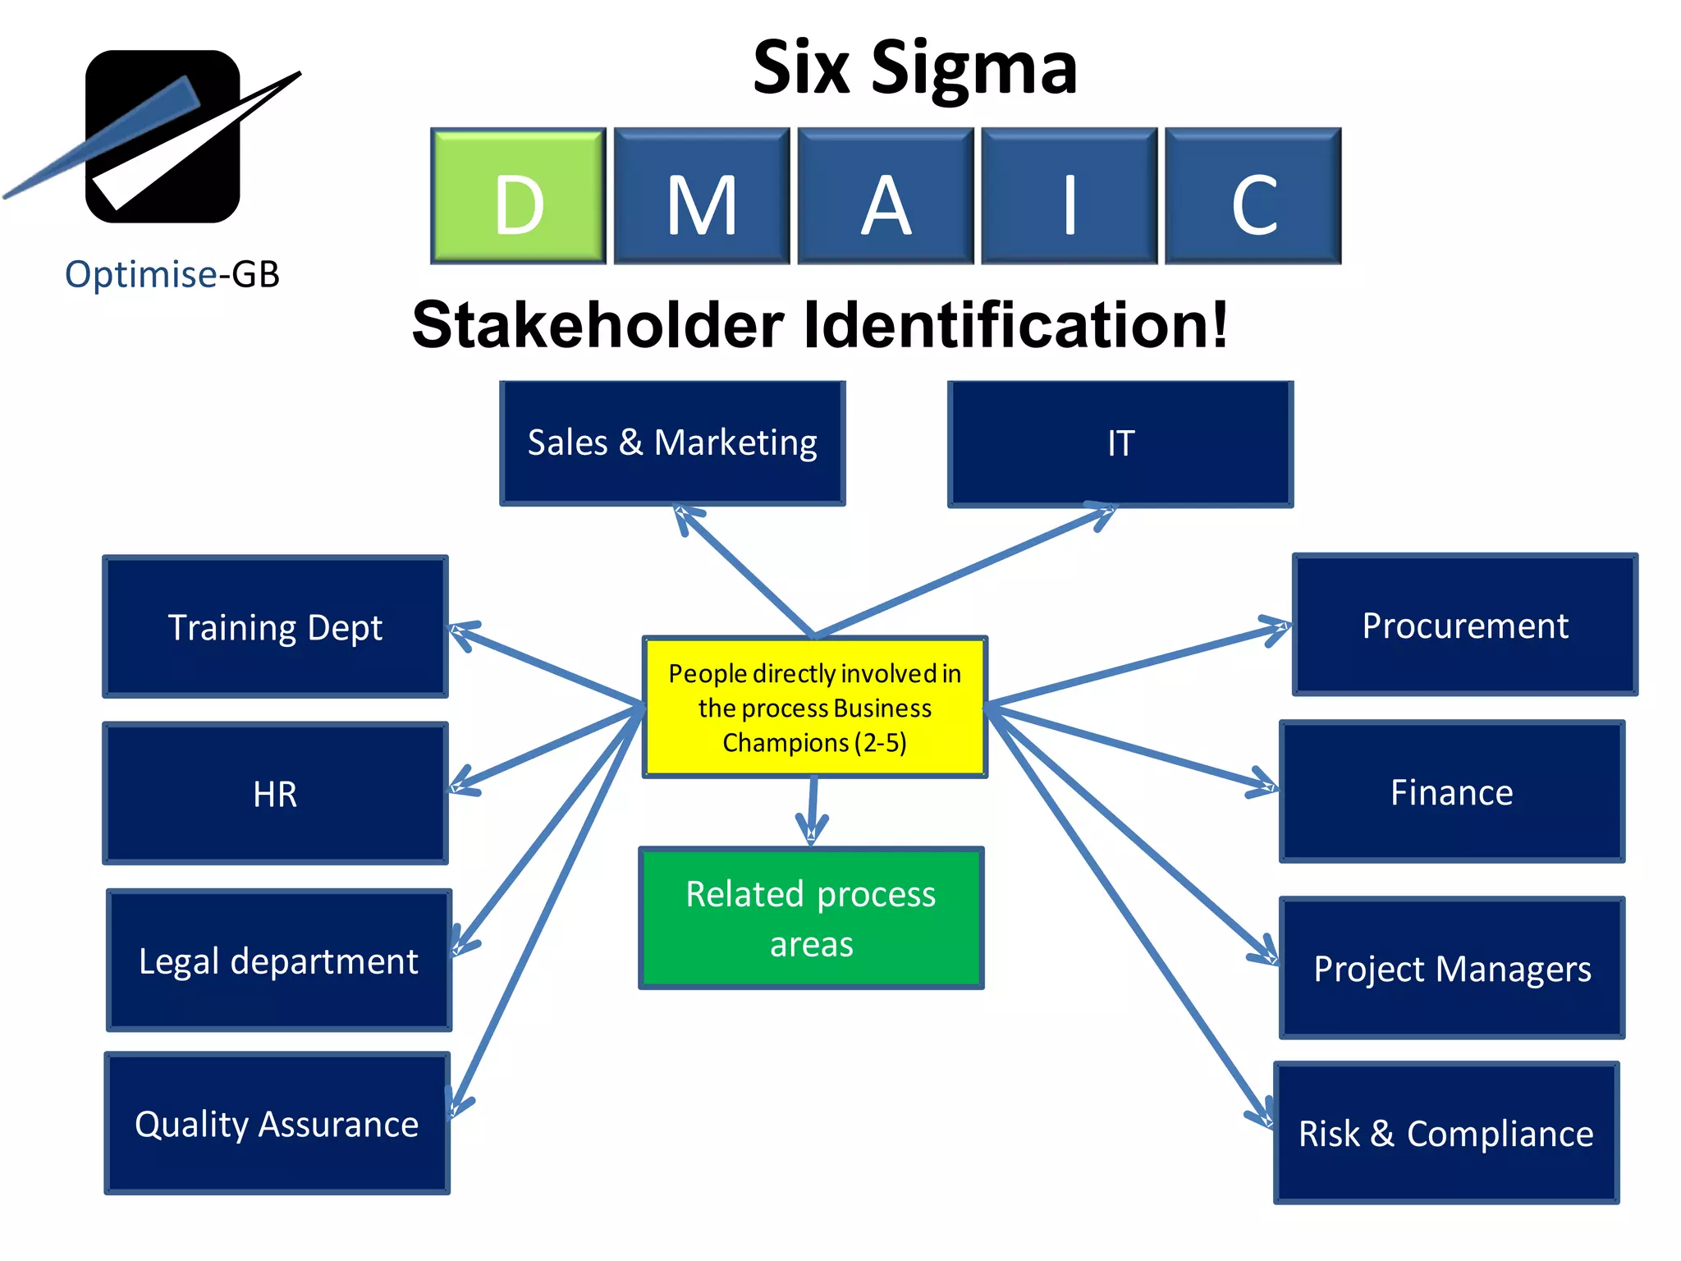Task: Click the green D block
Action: tap(518, 196)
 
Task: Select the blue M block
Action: tap(702, 196)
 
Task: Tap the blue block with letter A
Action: tap(886, 196)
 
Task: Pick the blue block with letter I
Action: tap(1070, 196)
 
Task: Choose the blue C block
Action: tap(1253, 196)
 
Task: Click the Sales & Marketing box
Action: tap(672, 443)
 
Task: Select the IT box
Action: tap(1120, 444)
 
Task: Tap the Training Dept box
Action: tap(275, 627)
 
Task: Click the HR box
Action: tap(275, 794)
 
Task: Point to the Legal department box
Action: tap(279, 961)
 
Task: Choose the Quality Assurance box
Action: tap(277, 1123)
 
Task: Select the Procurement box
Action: tap(1465, 626)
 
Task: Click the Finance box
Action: tap(1452, 792)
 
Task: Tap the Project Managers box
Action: tap(1452, 968)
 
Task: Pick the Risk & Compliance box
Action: tap(1446, 1133)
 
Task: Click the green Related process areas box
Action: tap(811, 918)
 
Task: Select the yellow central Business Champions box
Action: tap(814, 707)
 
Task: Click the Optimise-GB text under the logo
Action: tap(172, 274)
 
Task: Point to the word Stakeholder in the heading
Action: tap(598, 325)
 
